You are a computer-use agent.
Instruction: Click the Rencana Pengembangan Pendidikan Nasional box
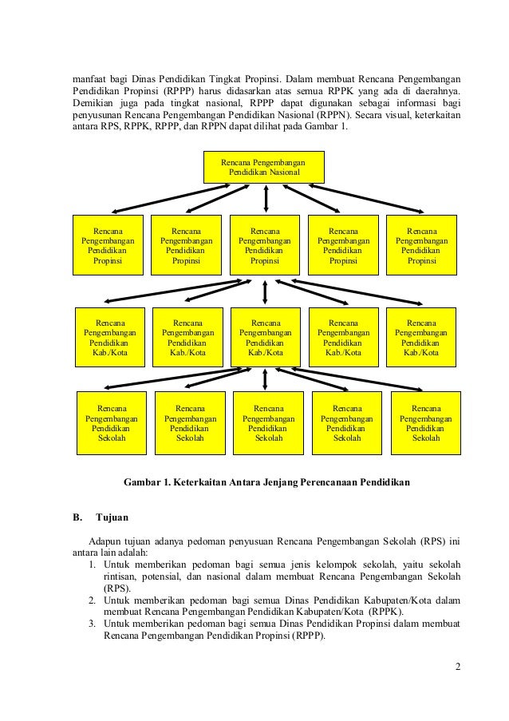click(x=263, y=167)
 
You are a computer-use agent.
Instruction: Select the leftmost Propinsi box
click(x=108, y=244)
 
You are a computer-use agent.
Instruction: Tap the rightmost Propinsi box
click(x=421, y=244)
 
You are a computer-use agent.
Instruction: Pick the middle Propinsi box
click(x=265, y=244)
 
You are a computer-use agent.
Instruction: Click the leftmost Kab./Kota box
click(x=110, y=337)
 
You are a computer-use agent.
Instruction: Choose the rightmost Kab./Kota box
click(x=421, y=337)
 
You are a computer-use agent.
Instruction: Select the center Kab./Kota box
click(x=266, y=337)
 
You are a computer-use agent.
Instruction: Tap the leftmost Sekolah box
click(x=112, y=423)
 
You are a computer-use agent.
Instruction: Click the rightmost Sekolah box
click(x=425, y=423)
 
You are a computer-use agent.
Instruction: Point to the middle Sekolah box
click(x=268, y=423)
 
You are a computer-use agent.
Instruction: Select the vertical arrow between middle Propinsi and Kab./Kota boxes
click(x=265, y=291)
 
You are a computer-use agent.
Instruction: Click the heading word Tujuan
click(x=112, y=517)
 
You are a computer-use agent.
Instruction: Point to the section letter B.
click(x=77, y=517)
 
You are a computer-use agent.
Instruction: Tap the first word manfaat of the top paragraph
click(x=89, y=79)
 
